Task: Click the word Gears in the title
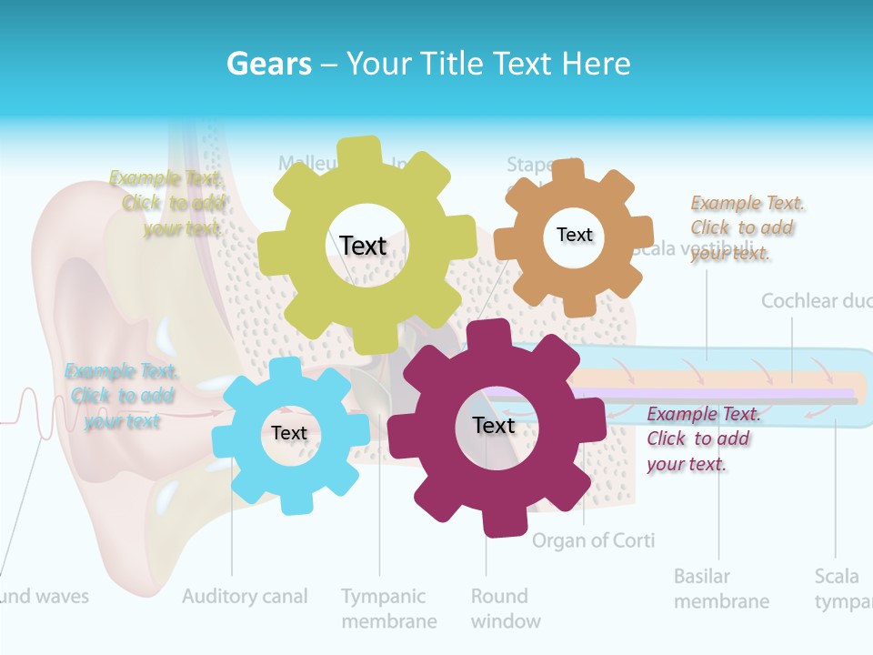268,64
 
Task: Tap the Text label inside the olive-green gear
363,246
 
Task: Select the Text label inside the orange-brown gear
575,235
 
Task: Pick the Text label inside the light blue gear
289,434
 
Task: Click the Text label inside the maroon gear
494,425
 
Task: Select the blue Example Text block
122,396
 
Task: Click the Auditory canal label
245,597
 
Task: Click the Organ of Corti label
593,540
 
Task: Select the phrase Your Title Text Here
488,64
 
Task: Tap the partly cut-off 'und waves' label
45,597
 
